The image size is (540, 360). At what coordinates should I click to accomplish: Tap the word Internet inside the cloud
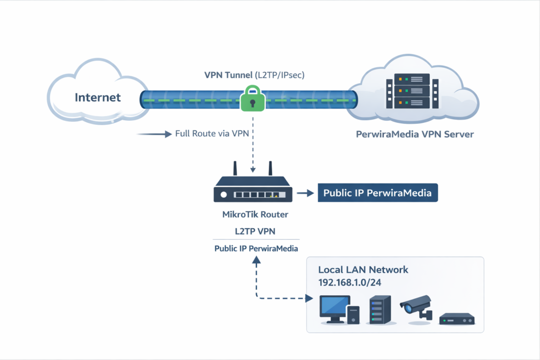(98, 98)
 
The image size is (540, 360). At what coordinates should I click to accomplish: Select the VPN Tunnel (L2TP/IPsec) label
(254, 75)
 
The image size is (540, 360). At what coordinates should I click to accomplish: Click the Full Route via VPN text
(211, 134)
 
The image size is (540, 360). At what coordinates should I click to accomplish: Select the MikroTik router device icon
(253, 192)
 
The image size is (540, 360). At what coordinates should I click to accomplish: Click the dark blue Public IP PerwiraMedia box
(378, 193)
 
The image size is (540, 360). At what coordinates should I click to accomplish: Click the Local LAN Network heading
(363, 269)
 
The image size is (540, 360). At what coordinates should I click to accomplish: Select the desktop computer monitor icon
(333, 307)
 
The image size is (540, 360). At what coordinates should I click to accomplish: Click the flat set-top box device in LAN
(457, 319)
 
